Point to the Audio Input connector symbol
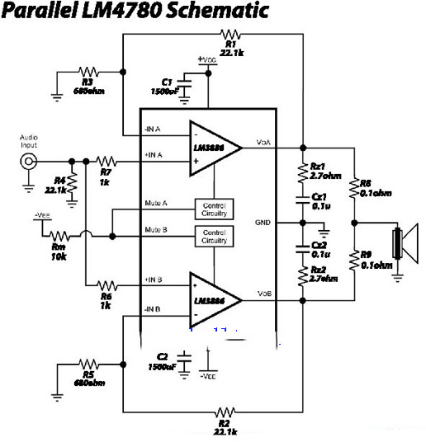click(x=30, y=162)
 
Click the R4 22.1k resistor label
click(x=57, y=185)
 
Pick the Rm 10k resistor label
click(x=59, y=251)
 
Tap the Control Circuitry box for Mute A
click(x=213, y=209)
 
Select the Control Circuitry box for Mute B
click(x=213, y=237)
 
